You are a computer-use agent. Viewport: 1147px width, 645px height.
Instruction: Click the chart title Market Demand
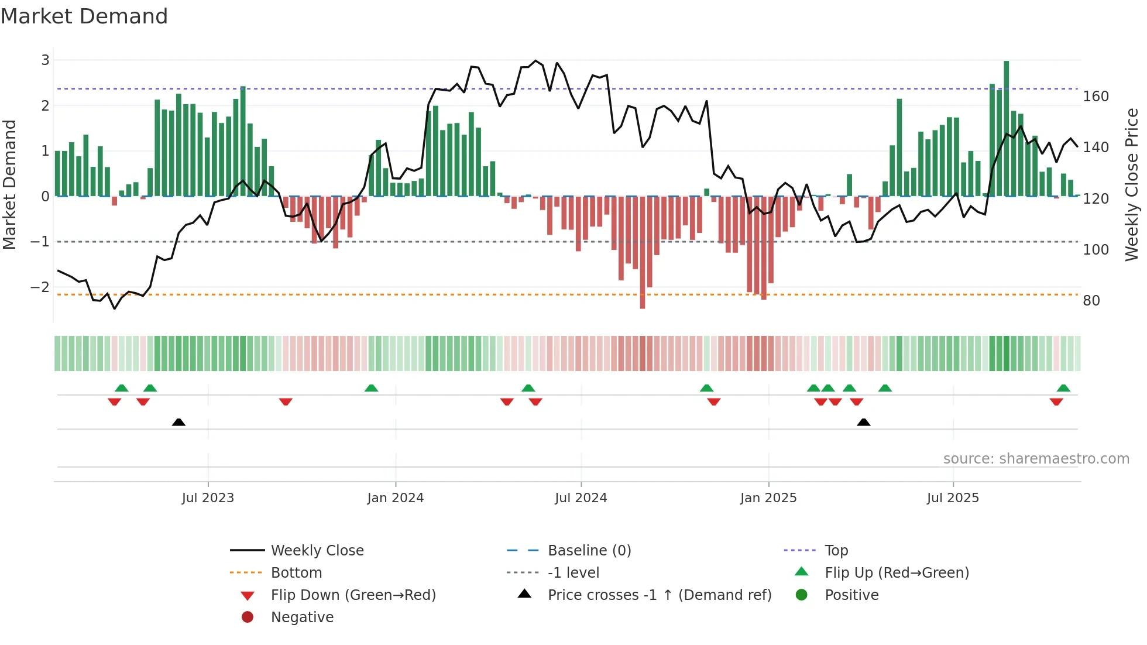point(84,16)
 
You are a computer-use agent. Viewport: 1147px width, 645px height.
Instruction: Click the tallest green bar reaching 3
point(1006,129)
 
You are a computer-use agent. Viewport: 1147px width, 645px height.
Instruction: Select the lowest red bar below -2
point(642,252)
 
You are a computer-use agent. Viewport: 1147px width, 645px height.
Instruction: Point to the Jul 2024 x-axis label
point(581,498)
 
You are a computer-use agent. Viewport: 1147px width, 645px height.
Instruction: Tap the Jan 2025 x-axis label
point(768,498)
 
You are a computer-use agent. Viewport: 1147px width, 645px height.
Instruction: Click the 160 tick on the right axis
point(1096,97)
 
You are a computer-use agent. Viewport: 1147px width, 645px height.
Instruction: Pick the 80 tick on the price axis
point(1091,301)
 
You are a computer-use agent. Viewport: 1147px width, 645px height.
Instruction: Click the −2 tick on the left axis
point(40,287)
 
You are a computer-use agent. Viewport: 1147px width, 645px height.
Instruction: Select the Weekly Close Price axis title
point(1132,184)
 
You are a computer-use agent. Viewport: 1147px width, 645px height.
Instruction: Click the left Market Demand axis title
point(9,184)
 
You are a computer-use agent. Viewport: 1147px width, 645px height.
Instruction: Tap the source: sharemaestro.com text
point(1036,459)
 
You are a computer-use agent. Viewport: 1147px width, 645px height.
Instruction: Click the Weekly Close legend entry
point(317,551)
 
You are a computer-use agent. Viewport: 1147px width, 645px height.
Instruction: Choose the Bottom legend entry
point(296,573)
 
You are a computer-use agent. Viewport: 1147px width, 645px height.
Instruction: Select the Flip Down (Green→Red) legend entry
point(353,595)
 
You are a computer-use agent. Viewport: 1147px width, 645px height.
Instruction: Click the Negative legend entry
point(302,617)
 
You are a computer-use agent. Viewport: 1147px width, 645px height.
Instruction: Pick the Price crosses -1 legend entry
point(659,595)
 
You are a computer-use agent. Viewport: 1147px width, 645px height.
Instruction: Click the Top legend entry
point(836,551)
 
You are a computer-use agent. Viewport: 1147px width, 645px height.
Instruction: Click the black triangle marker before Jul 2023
point(178,422)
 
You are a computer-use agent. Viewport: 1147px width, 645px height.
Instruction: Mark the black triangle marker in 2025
point(863,422)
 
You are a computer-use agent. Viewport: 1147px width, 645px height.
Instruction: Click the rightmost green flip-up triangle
point(1063,388)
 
